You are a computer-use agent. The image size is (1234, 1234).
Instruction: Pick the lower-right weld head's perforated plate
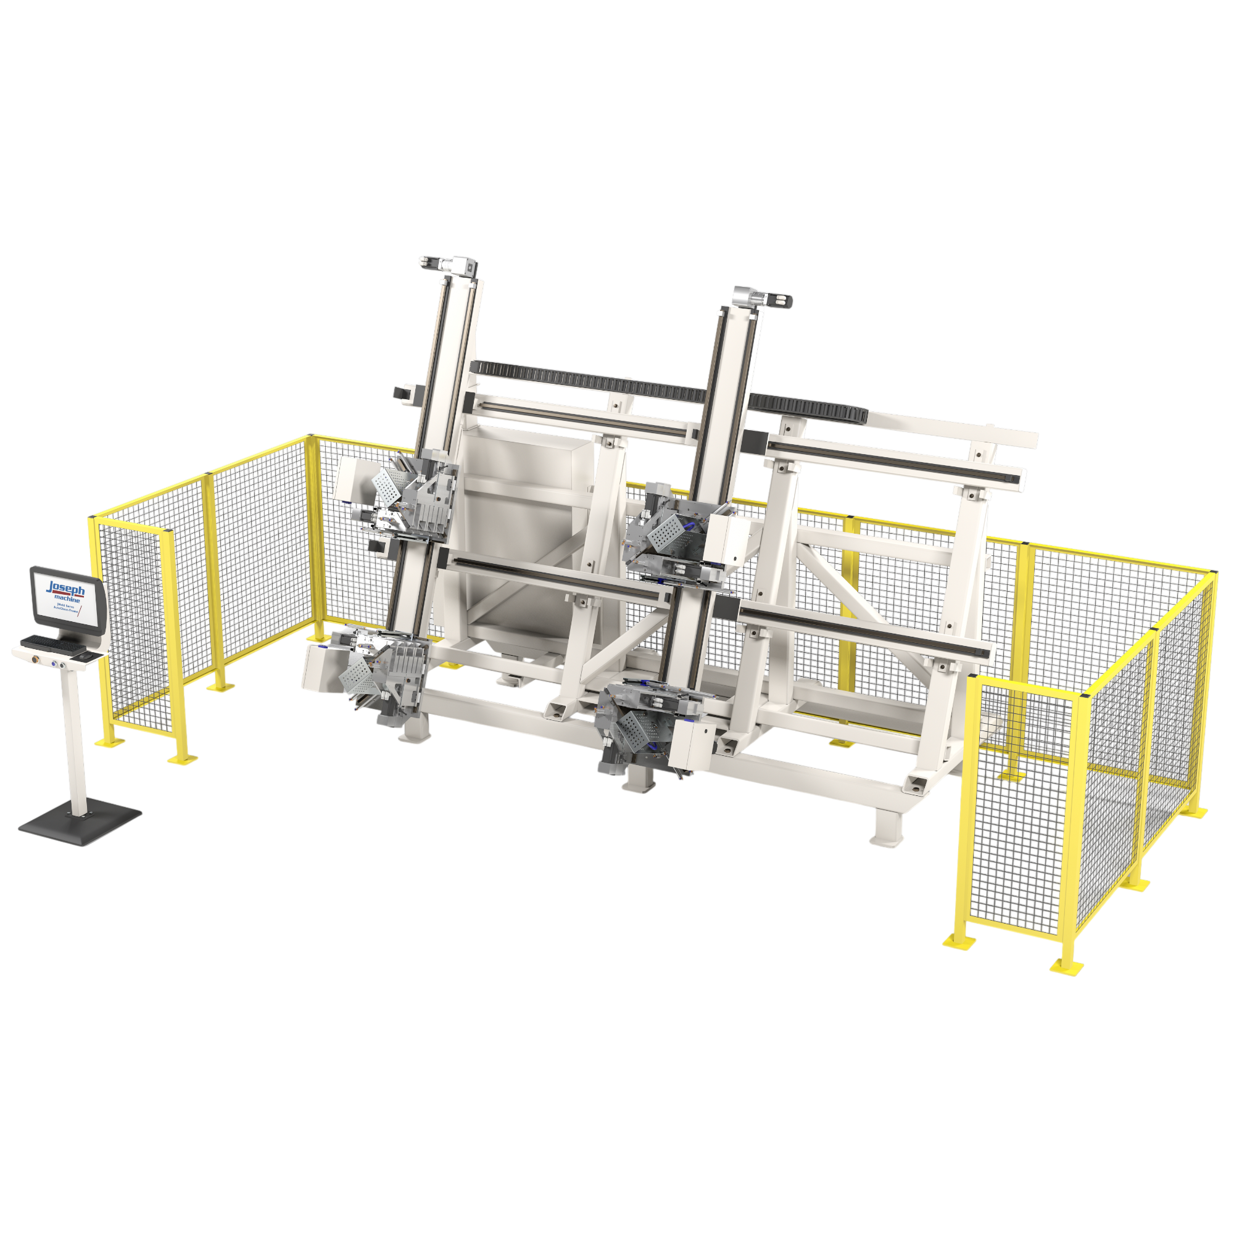click(632, 727)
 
